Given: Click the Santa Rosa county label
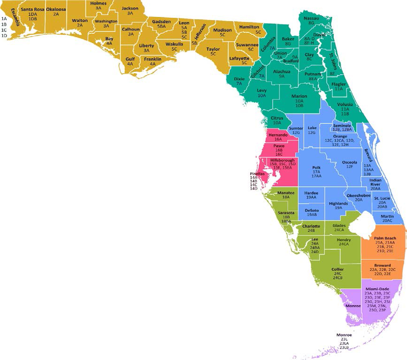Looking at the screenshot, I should tap(33, 9).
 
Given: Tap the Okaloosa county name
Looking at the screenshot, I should tap(56, 9).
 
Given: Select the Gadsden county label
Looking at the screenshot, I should tap(161, 22).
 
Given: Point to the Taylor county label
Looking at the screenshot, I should tap(213, 48).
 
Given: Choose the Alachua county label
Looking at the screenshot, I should tap(282, 71).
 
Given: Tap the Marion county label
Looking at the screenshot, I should tap(299, 96).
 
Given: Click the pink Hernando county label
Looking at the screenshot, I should tap(278, 134).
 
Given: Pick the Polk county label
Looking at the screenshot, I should tap(316, 167).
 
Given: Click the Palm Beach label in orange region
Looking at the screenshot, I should tap(385, 238).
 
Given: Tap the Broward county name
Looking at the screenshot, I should tap(383, 265).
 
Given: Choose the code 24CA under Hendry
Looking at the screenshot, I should tap(344, 244).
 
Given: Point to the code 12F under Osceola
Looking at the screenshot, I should tap(349, 167).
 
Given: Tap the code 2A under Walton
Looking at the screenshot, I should tap(79, 25).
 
